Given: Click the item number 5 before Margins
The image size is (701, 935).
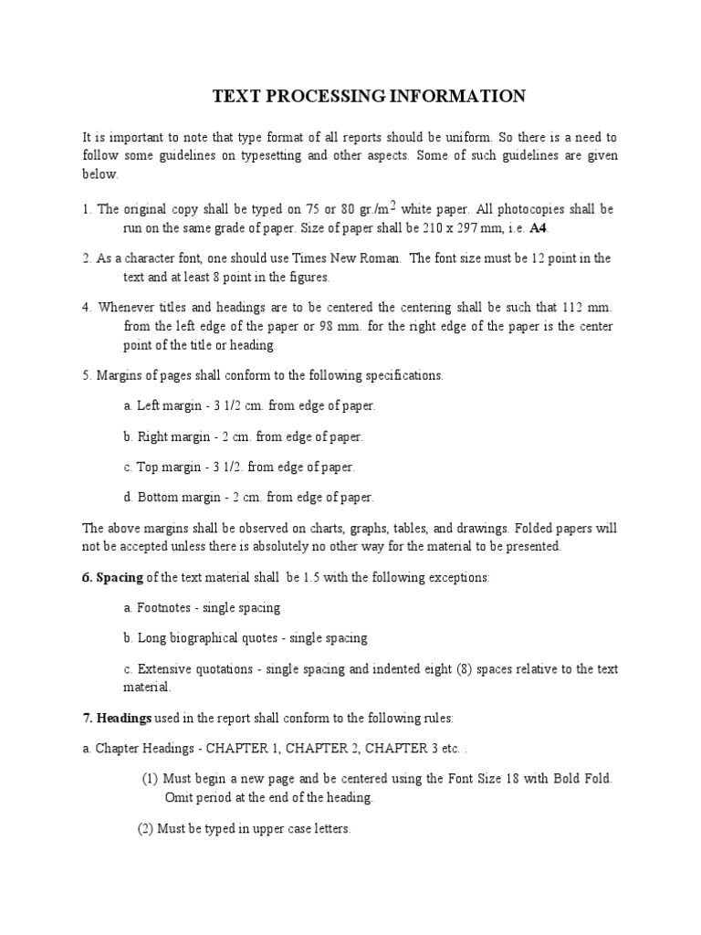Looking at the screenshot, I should [86, 375].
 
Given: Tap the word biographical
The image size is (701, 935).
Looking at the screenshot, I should [211, 638].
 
